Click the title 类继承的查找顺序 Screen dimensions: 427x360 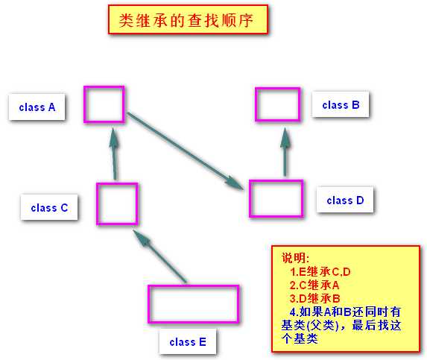click(186, 20)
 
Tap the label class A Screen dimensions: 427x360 click(37, 107)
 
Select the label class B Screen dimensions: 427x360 click(341, 105)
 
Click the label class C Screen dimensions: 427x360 click(49, 208)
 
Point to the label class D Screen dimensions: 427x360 click(345, 200)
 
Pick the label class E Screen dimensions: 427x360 click(188, 342)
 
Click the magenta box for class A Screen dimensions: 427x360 click(104, 86)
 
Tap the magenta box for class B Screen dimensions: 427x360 click(278, 88)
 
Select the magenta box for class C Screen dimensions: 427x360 click(117, 183)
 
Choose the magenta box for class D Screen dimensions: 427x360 click(276, 180)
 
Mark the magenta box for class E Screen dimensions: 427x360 click(193, 286)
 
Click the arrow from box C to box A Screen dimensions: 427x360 click(115, 154)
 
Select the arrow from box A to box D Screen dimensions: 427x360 click(185, 151)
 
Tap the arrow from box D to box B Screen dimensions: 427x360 click(285, 151)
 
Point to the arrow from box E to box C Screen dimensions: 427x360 click(160, 256)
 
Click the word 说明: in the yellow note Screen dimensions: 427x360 click(295, 258)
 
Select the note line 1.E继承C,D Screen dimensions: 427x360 click(320, 271)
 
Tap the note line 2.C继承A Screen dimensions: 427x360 click(314, 285)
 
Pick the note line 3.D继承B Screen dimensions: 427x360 click(314, 298)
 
